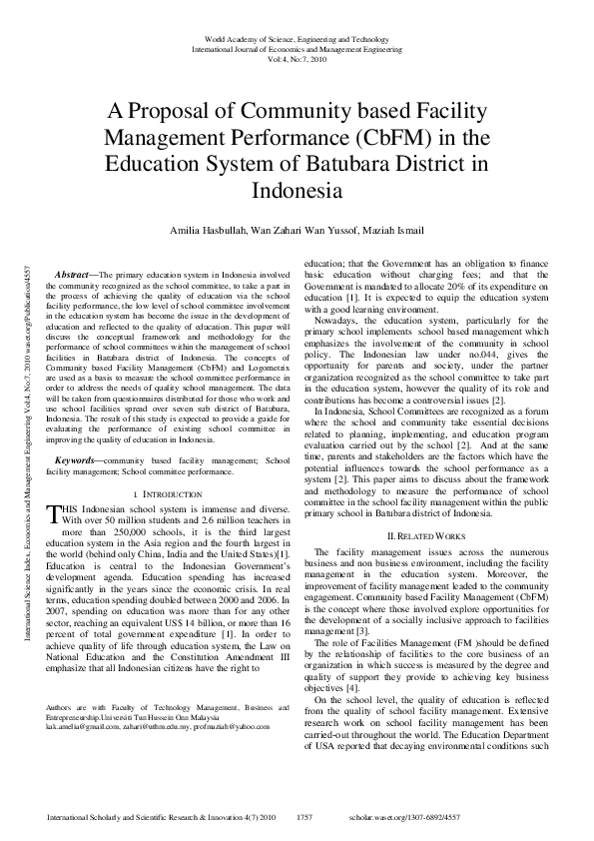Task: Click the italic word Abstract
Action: click(73, 274)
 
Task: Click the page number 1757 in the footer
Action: click(306, 817)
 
